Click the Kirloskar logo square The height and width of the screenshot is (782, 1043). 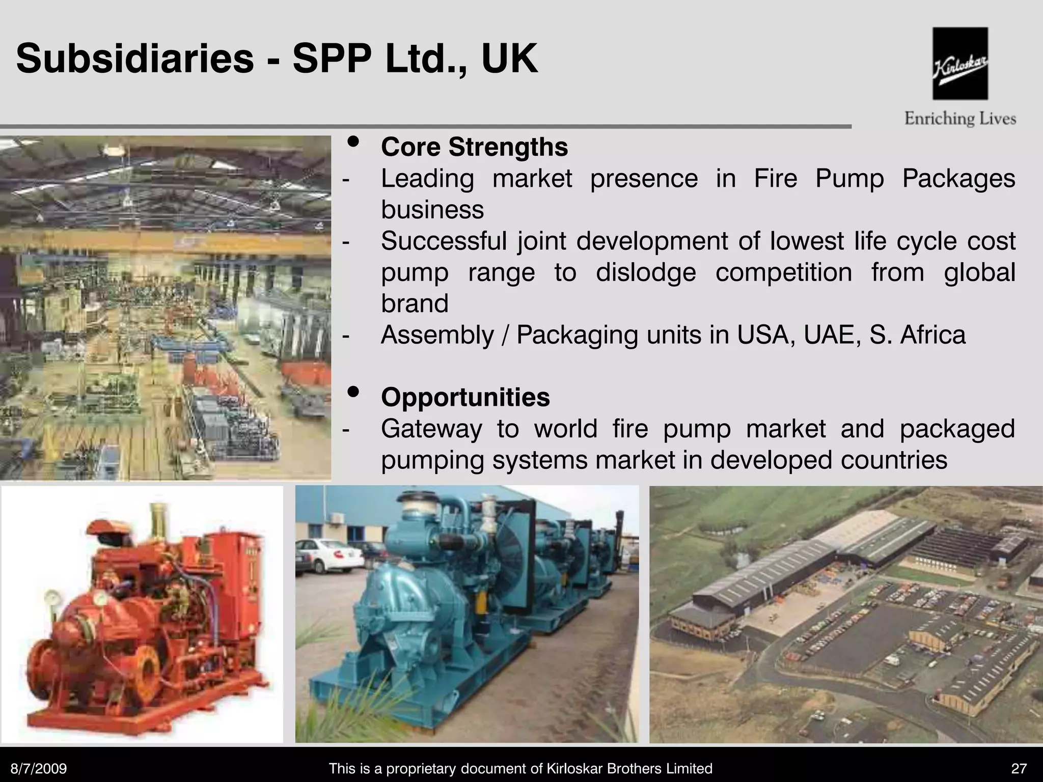pyautogui.click(x=960, y=63)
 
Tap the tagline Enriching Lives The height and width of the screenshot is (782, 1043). pyautogui.click(x=960, y=119)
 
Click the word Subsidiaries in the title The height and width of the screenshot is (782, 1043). pyautogui.click(x=135, y=59)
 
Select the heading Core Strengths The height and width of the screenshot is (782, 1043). pyautogui.click(x=474, y=147)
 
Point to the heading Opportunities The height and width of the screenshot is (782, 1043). pyautogui.click(x=465, y=397)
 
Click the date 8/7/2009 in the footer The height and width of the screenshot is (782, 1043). pyautogui.click(x=39, y=768)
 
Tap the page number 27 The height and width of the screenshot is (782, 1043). pyautogui.click(x=1019, y=768)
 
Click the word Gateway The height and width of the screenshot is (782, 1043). pyautogui.click(x=431, y=429)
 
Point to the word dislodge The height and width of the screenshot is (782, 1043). pyautogui.click(x=646, y=272)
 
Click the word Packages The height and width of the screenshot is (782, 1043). pyautogui.click(x=958, y=179)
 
